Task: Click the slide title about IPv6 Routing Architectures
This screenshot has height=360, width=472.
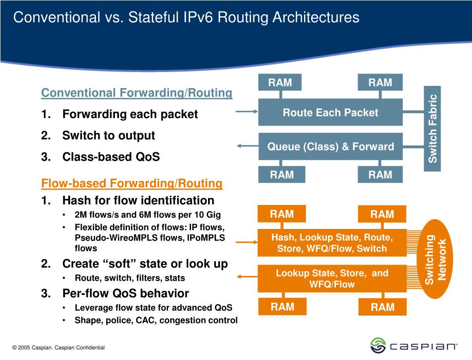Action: coord(186,18)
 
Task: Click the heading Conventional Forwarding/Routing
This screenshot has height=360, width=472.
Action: coord(137,93)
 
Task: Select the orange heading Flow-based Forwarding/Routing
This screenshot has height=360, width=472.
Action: coord(132,184)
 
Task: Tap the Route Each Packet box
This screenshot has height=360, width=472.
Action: coord(330,112)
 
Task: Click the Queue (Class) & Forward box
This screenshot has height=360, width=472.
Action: coord(330,147)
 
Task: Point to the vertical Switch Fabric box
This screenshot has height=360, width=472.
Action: coord(432,128)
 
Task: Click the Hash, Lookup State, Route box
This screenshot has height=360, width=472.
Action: coord(332,243)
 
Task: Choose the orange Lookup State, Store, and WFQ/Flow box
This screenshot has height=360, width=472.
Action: coord(332,278)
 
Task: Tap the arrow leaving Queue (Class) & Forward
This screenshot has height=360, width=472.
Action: coord(246,146)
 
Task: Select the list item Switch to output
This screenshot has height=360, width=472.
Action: coord(108,136)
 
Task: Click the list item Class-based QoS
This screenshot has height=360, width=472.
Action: coord(111,157)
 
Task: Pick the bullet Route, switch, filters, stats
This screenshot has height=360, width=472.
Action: coord(130,278)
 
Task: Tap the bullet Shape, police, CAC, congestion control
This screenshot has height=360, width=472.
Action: coord(156,320)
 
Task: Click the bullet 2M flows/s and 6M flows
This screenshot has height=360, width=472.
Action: coord(148,215)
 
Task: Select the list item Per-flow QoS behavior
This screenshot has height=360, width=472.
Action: coord(125,293)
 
